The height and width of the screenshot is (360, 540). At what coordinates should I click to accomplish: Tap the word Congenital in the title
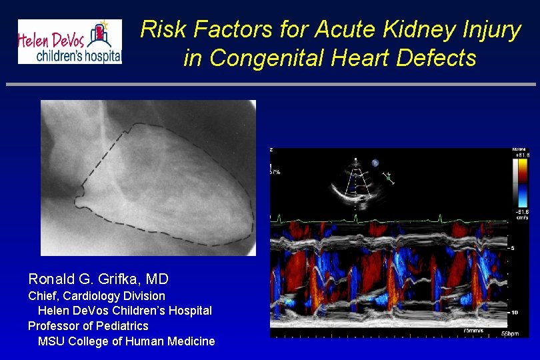click(x=261, y=59)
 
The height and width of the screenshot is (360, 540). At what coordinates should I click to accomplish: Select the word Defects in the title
click(x=436, y=59)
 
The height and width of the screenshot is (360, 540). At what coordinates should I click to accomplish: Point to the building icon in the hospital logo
click(x=101, y=33)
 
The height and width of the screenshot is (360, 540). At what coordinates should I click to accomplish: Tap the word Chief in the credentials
click(x=42, y=295)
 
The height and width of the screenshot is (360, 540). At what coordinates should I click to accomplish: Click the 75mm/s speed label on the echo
click(x=475, y=330)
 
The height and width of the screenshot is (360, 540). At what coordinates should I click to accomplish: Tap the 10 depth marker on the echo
click(x=515, y=312)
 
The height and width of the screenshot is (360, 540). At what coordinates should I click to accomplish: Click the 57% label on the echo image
click(x=275, y=172)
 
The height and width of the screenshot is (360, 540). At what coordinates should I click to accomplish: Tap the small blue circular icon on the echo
click(x=375, y=162)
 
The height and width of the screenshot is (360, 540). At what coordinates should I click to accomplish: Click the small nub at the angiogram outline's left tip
click(x=81, y=199)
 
